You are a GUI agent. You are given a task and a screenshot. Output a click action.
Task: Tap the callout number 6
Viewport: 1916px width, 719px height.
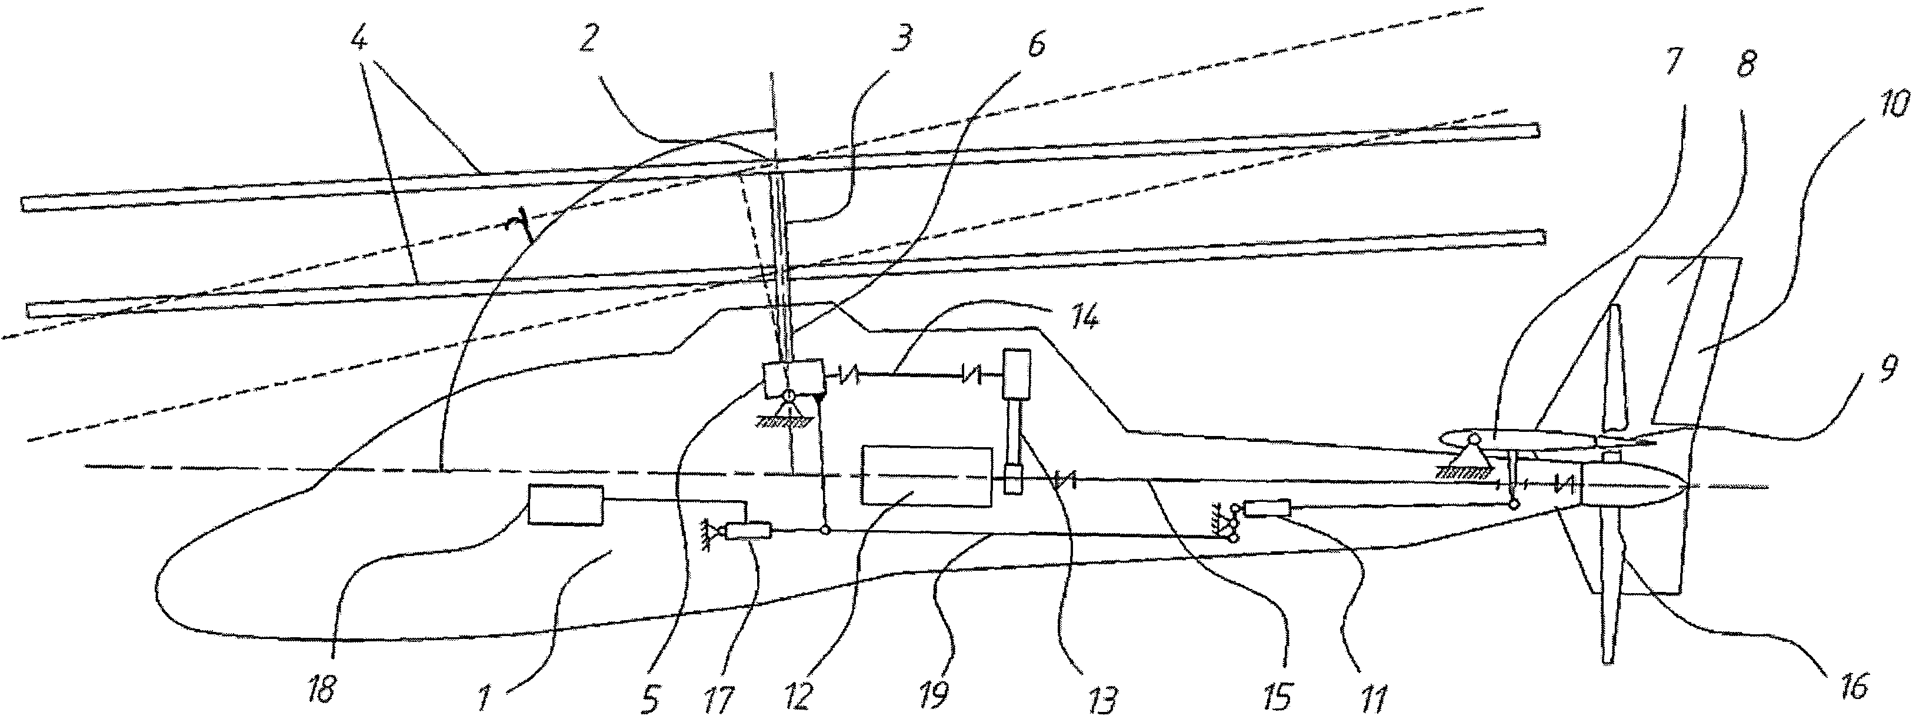[x=1036, y=45]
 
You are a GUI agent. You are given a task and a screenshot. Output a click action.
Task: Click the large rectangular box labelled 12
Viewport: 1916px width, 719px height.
[x=926, y=477]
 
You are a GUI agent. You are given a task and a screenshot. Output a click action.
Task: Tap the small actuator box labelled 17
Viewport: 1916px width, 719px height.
[x=749, y=531]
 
